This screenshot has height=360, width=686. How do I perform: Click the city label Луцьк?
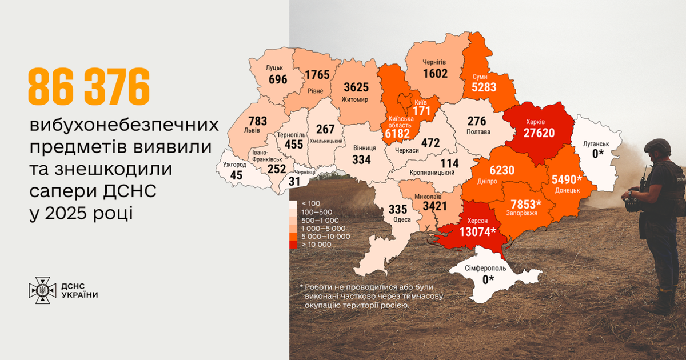(x=274, y=67)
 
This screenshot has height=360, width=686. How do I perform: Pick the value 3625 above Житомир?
(x=356, y=87)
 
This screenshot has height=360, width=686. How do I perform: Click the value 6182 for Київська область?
(x=398, y=133)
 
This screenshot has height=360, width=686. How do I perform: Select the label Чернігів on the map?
(x=434, y=62)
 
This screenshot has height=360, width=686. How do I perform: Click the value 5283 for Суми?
(x=484, y=87)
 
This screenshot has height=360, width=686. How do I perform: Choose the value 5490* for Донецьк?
(x=566, y=179)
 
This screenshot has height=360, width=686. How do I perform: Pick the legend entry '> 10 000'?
(x=316, y=244)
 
